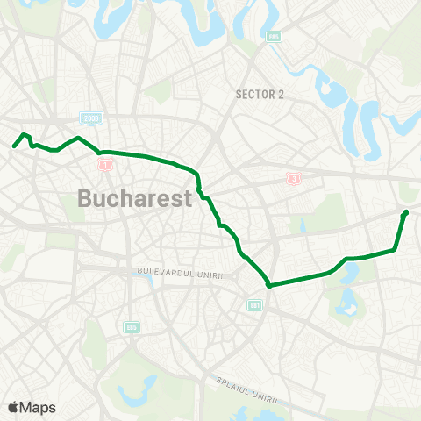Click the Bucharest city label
[134, 198]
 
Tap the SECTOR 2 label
[260, 95]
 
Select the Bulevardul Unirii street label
[181, 275]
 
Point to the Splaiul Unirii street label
[247, 391]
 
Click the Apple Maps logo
[32, 407]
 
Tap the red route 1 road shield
[105, 164]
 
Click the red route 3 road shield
[293, 178]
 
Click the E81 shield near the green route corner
[255, 305]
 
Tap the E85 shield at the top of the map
[275, 38]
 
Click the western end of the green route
[14, 146]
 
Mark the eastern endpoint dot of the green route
[405, 212]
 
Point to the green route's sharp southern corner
[268, 285]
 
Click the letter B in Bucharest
[86, 198]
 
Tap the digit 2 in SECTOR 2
[281, 95]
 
